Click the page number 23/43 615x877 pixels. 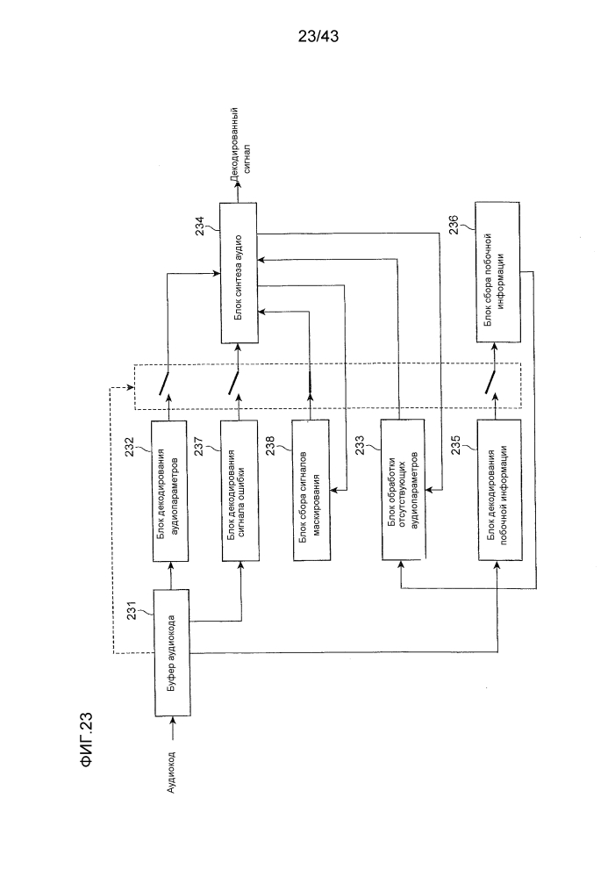pyautogui.click(x=318, y=37)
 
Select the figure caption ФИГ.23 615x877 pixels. pyautogui.click(x=87, y=739)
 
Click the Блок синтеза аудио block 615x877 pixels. pyautogui.click(x=239, y=273)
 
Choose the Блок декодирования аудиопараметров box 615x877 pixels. pyautogui.click(x=170, y=491)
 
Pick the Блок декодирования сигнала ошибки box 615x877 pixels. pyautogui.click(x=240, y=491)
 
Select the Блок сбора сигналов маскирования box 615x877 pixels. pyautogui.click(x=311, y=490)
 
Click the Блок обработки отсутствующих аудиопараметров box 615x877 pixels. pyautogui.click(x=403, y=489)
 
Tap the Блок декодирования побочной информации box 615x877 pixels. pyautogui.click(x=500, y=490)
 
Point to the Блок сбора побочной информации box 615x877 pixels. pyautogui.click(x=497, y=272)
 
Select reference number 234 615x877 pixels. pyautogui.click(x=200, y=226)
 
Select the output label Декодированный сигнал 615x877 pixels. pyautogui.click(x=241, y=143)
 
